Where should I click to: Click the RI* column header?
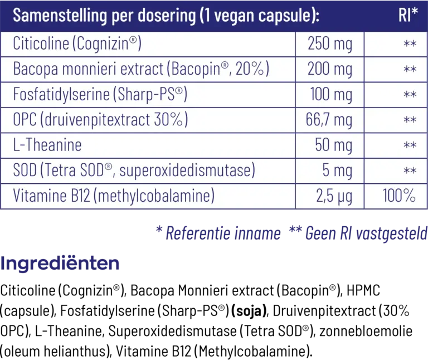coord(408,16)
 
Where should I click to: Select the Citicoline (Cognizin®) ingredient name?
coord(77,43)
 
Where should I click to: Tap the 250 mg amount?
coord(330,43)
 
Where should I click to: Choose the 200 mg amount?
coord(330,69)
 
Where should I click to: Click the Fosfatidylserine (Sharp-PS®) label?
coord(100,94)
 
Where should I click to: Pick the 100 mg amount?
coord(331,94)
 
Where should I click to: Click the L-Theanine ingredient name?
coord(47,145)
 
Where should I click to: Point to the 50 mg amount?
coord(333,145)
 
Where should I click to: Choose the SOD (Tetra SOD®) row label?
coord(134,171)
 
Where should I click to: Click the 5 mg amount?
coord(337,171)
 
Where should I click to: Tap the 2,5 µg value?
coord(333,196)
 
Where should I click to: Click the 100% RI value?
coord(399,196)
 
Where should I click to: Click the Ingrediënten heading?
coord(60,264)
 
